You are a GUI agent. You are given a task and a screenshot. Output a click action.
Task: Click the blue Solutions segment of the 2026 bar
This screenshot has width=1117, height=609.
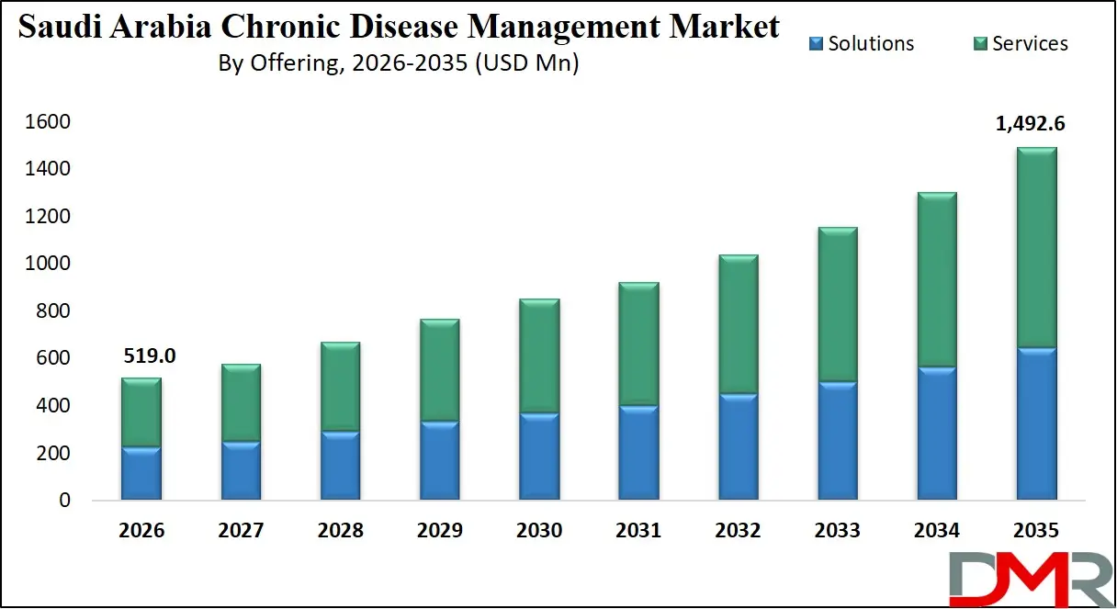pyautogui.click(x=141, y=473)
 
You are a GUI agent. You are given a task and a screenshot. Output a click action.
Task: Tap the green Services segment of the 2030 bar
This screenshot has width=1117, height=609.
pyautogui.click(x=539, y=356)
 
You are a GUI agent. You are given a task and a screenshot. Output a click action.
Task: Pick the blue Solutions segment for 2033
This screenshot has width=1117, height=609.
pyautogui.click(x=838, y=441)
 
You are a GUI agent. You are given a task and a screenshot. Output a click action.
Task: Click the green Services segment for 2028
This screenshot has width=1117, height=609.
pyautogui.click(x=340, y=387)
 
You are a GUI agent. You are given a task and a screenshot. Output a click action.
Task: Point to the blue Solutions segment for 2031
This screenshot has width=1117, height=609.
pyautogui.click(x=638, y=453)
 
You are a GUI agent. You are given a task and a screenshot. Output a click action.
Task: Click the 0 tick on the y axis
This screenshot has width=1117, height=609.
pyautogui.click(x=65, y=501)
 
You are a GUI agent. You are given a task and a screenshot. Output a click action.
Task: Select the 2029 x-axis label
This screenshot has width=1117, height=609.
pyautogui.click(x=440, y=531)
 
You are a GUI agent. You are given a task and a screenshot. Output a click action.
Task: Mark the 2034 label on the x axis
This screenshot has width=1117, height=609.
pyautogui.click(x=937, y=531)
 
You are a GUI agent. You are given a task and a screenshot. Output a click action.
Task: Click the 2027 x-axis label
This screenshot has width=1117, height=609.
pyautogui.click(x=242, y=531)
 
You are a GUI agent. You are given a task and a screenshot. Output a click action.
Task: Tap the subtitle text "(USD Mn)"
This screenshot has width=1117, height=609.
pyautogui.click(x=528, y=63)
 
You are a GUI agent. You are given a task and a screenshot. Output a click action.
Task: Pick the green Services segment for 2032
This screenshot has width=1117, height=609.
pyautogui.click(x=739, y=324)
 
